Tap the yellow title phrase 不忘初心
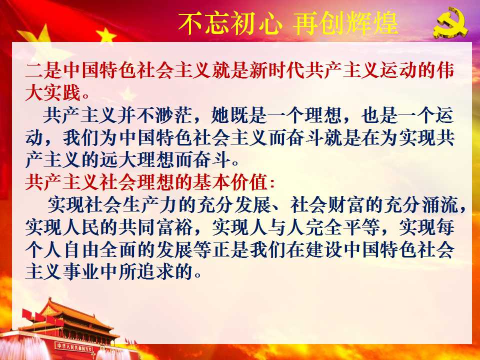point(229,23)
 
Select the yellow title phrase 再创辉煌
point(346,23)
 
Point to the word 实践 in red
point(62,92)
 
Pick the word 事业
point(81,271)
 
